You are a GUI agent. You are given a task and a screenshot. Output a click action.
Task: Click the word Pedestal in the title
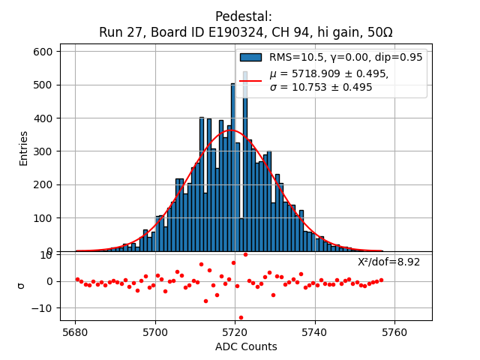(x=244, y=16)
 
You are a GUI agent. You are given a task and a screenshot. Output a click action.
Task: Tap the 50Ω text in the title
(x=378, y=33)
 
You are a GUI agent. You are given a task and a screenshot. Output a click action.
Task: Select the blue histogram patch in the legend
(x=250, y=58)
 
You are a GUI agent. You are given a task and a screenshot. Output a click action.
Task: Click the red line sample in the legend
(x=250, y=80)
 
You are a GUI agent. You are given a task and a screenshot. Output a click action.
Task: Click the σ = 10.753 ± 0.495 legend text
(x=321, y=88)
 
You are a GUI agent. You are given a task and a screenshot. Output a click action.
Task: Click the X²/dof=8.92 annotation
(x=388, y=262)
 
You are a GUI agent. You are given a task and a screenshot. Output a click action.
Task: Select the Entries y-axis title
(x=24, y=148)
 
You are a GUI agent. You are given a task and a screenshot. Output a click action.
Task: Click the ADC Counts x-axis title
(x=246, y=347)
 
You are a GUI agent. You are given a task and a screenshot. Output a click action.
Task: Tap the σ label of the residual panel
(x=21, y=285)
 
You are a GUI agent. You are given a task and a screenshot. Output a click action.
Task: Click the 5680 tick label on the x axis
(x=75, y=331)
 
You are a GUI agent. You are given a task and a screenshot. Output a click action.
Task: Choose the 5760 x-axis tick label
(x=395, y=331)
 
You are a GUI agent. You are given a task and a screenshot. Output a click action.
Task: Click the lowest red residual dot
(x=241, y=317)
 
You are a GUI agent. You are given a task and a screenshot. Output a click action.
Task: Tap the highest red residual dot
(x=245, y=254)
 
